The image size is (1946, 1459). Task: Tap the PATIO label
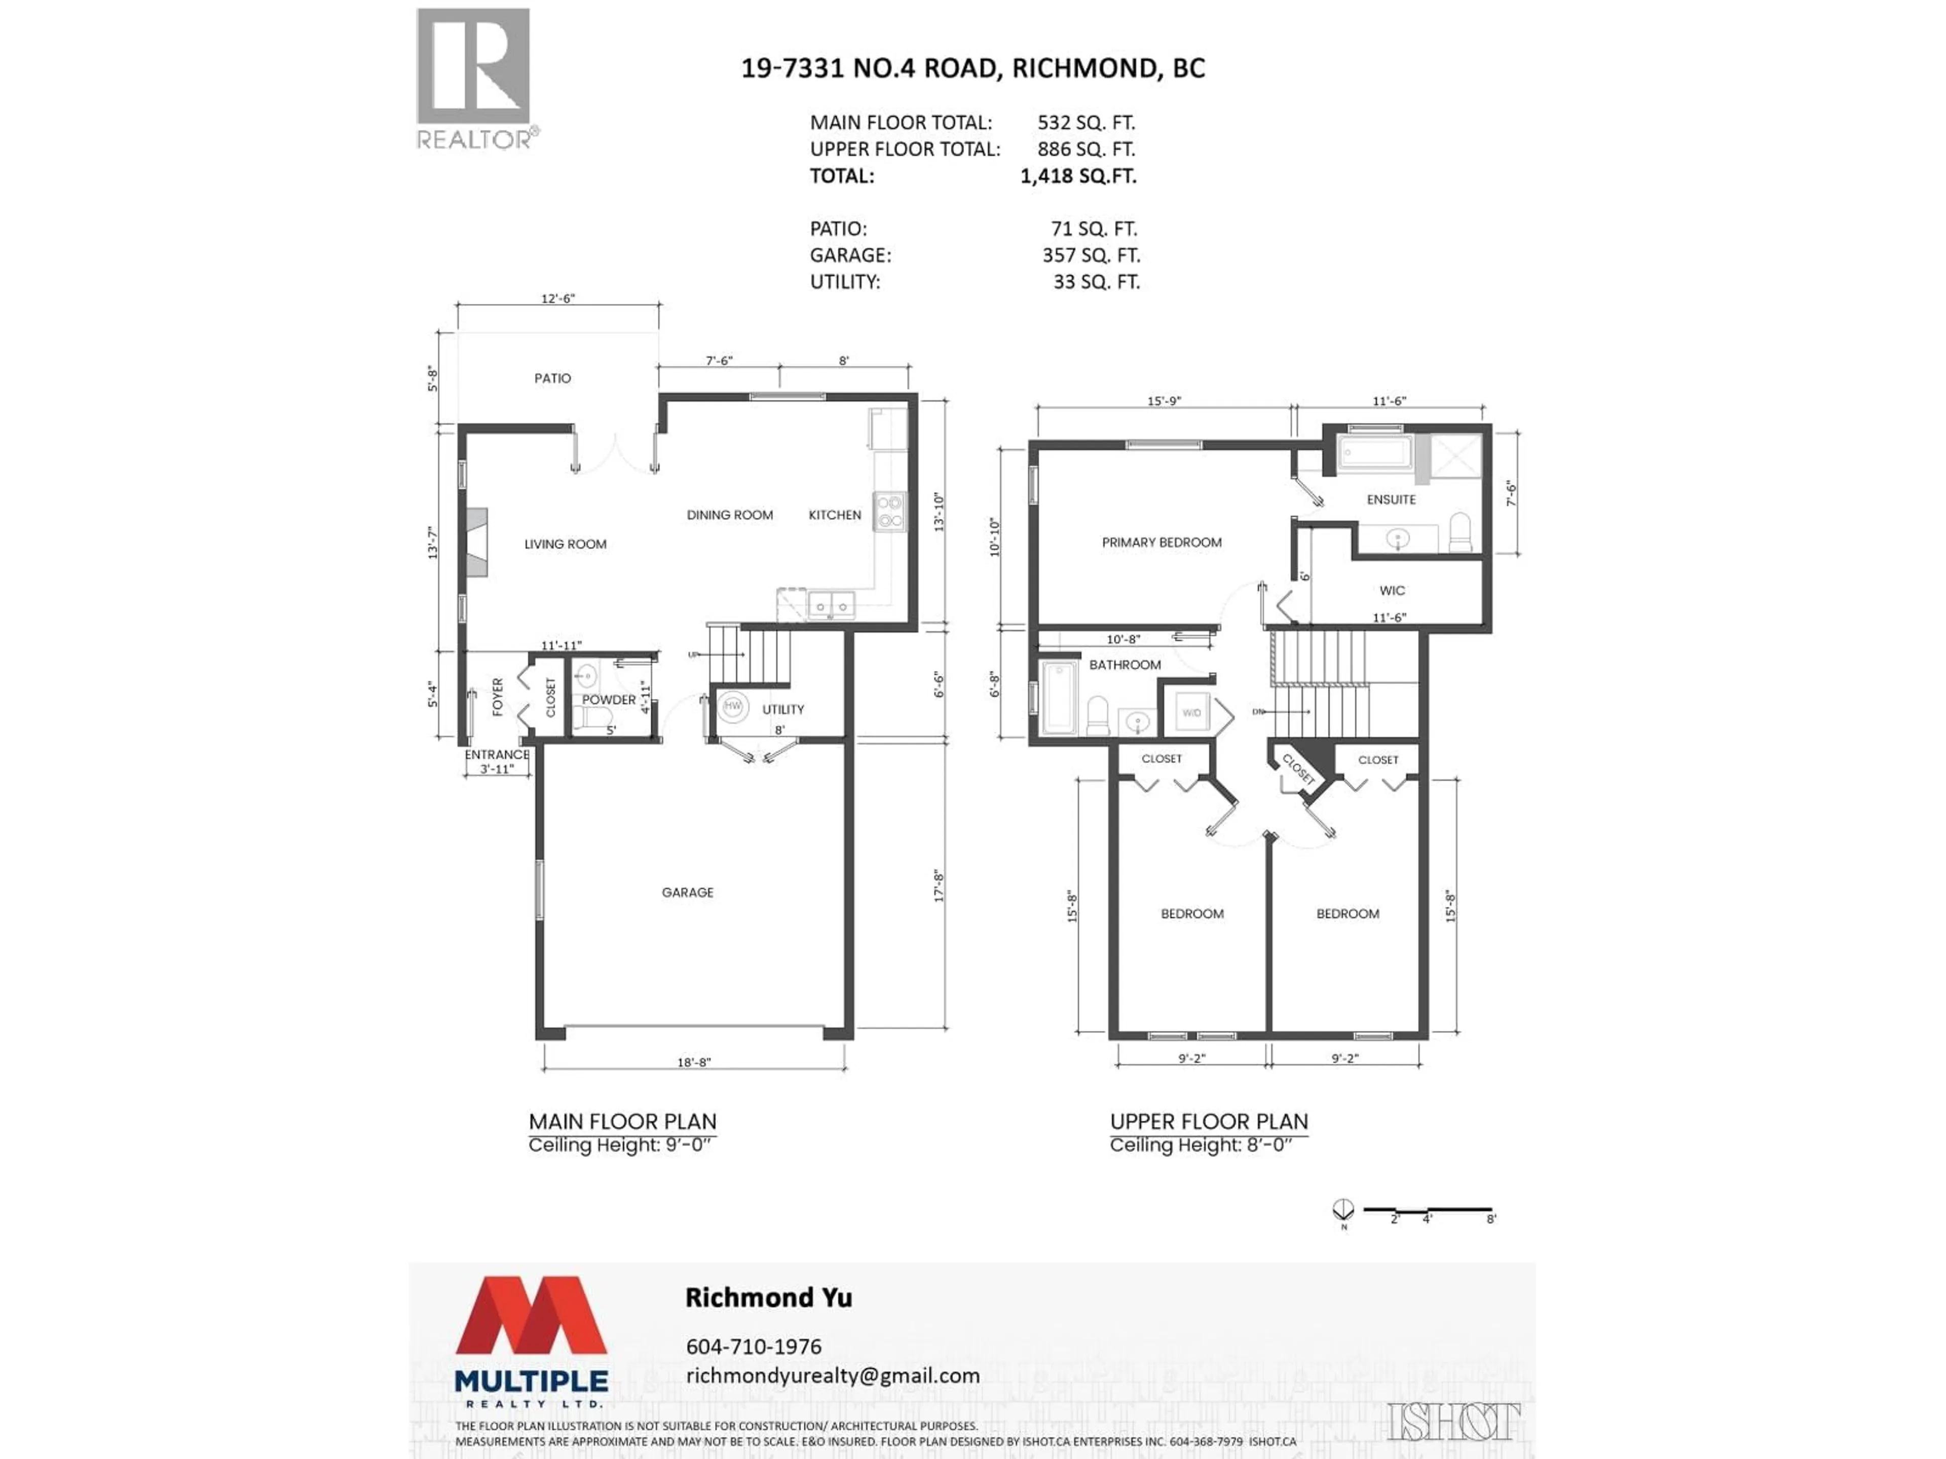pyautogui.click(x=552, y=378)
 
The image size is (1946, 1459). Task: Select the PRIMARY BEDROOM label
pyautogui.click(x=1162, y=543)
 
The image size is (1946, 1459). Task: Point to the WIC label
pyautogui.click(x=1392, y=591)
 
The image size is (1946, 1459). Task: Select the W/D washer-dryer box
pyautogui.click(x=1191, y=712)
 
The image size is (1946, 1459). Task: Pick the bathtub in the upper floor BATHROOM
pyautogui.click(x=1058, y=698)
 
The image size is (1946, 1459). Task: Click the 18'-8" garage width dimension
pyautogui.click(x=693, y=1062)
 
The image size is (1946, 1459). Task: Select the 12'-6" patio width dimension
pyautogui.click(x=558, y=299)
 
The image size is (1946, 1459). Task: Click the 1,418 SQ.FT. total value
pyautogui.click(x=1078, y=176)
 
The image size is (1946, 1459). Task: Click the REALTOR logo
pyautogui.click(x=474, y=79)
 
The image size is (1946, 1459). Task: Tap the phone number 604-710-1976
pyautogui.click(x=753, y=1347)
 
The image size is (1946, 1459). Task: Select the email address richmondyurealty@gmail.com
pyautogui.click(x=832, y=1375)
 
